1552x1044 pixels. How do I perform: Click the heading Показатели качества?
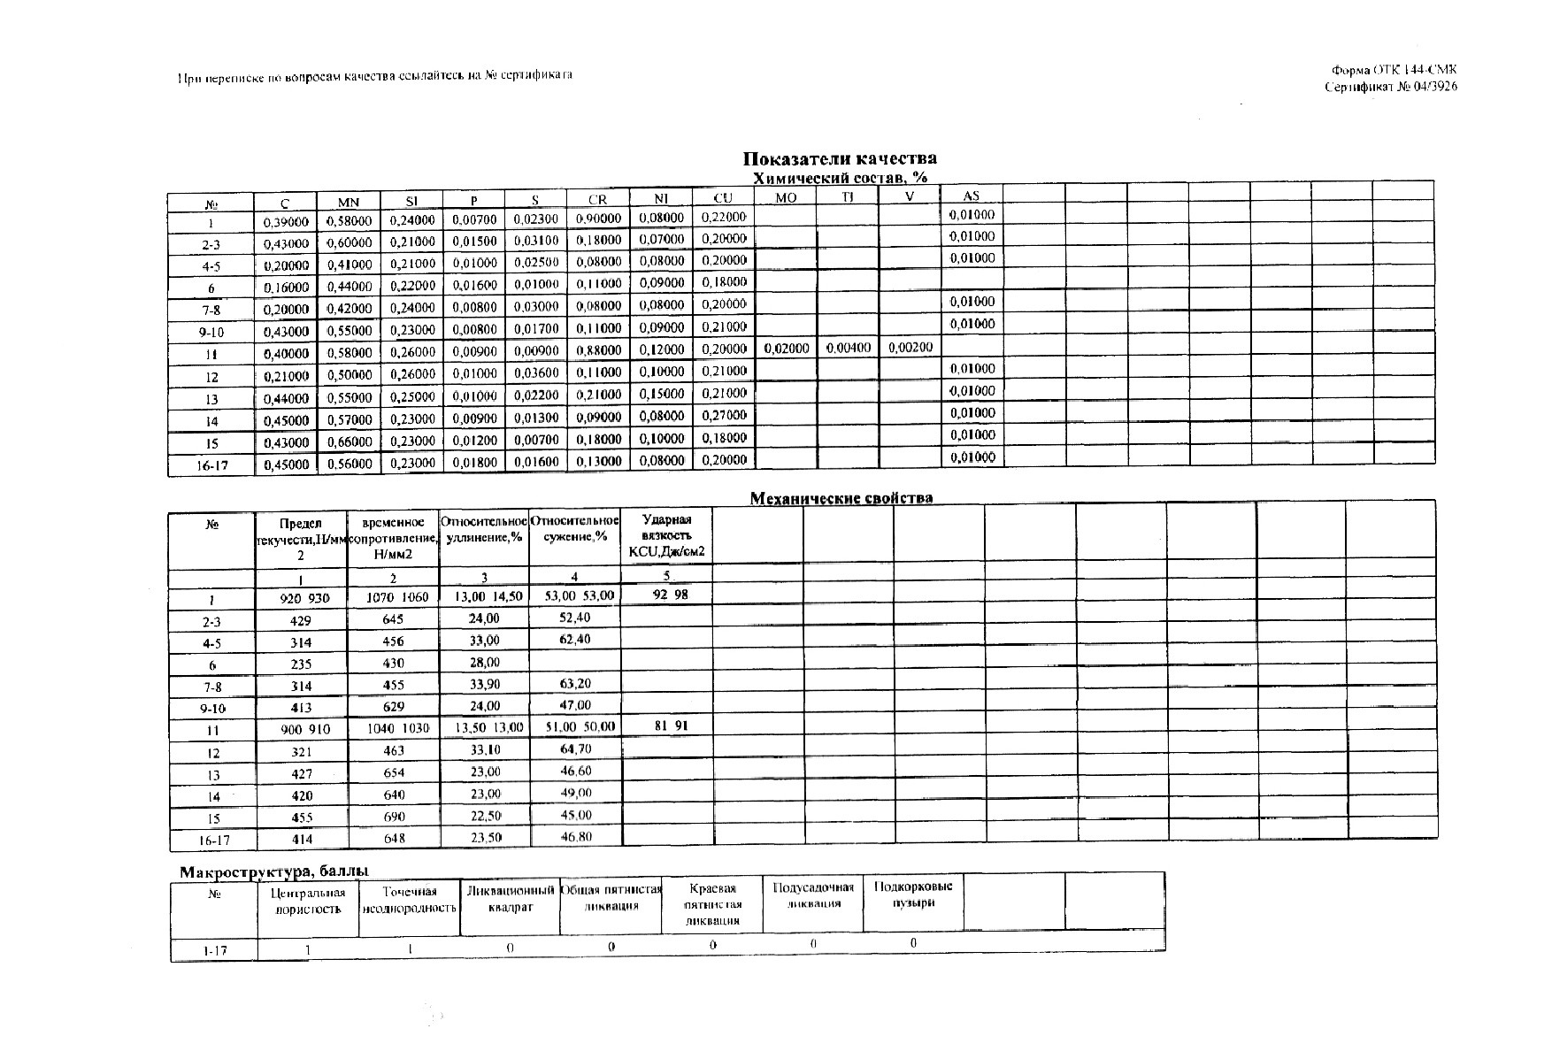(839, 158)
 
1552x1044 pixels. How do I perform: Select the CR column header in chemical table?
(597, 199)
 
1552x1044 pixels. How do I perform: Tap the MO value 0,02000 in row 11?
(786, 349)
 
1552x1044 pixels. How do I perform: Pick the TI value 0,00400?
(848, 349)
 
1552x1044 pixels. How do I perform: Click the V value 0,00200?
(910, 349)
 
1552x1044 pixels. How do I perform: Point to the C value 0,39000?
(286, 221)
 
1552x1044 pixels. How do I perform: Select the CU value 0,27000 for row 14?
(724, 415)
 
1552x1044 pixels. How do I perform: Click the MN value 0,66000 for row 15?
(350, 441)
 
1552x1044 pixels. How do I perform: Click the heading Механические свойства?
(841, 498)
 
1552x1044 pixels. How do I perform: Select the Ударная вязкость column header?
(666, 535)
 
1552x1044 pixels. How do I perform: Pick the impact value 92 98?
(670, 595)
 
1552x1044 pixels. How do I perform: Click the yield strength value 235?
(301, 664)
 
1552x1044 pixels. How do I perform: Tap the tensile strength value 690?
(394, 817)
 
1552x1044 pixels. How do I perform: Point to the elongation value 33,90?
(483, 684)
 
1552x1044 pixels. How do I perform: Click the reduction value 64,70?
(575, 748)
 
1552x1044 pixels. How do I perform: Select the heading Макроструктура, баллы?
(274, 872)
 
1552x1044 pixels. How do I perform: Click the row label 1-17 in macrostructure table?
(212, 950)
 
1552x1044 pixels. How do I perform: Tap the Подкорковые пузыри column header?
(912, 894)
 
